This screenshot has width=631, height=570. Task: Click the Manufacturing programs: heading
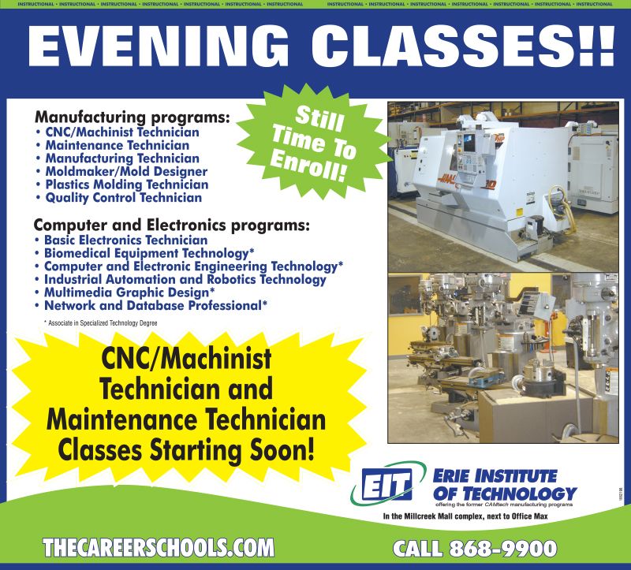pyautogui.click(x=133, y=117)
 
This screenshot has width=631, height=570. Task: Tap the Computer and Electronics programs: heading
pyautogui.click(x=172, y=225)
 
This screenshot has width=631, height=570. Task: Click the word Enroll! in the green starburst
pyautogui.click(x=308, y=168)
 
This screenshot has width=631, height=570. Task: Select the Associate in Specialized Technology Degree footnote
pyautogui.click(x=100, y=323)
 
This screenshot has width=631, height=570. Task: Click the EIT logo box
pyautogui.click(x=386, y=483)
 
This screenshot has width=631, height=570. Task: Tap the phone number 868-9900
pyautogui.click(x=503, y=549)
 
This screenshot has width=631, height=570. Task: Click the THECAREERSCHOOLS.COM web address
pyautogui.click(x=159, y=548)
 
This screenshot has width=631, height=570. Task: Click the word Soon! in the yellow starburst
pyautogui.click(x=282, y=449)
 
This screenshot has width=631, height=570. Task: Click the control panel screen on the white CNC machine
pyautogui.click(x=469, y=143)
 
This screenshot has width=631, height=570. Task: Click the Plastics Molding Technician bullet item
pyautogui.click(x=127, y=184)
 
